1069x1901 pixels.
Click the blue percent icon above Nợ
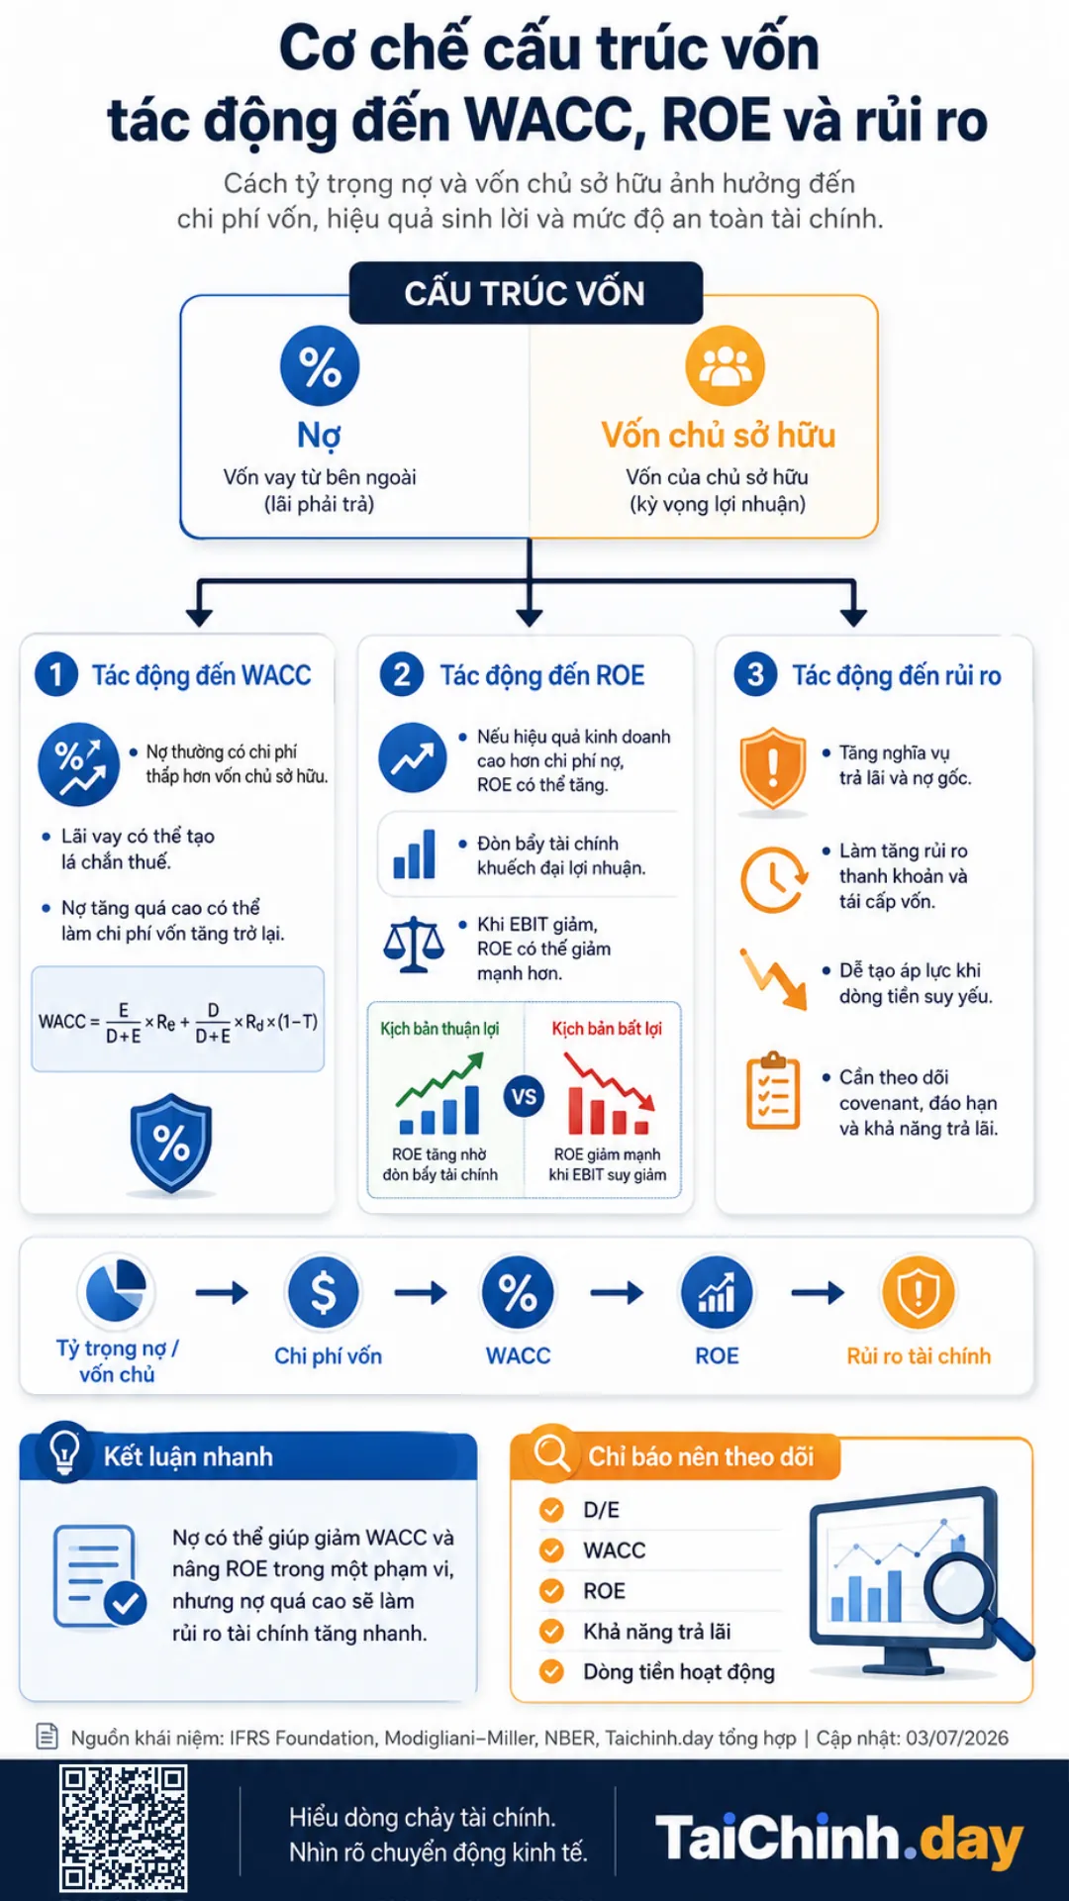[320, 366]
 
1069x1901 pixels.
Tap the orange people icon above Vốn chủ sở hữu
[726, 365]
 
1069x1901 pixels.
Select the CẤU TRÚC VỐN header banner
[526, 293]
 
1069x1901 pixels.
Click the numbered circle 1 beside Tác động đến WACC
[56, 675]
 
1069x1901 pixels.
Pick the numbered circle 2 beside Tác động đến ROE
[402, 675]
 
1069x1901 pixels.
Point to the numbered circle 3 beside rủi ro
[755, 675]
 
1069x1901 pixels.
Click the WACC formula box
[178, 1020]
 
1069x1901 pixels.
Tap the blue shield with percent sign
[171, 1144]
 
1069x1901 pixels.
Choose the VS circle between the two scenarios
[524, 1097]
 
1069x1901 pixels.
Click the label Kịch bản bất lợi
[607, 1029]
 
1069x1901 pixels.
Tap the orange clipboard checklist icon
[773, 1091]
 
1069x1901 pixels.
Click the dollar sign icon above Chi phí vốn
[323, 1292]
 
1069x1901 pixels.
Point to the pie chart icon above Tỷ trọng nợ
[117, 1290]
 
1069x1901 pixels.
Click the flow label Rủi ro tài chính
[919, 1356]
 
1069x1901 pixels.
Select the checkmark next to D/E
[551, 1510]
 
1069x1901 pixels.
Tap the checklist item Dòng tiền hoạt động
[679, 1672]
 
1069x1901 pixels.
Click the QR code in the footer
[123, 1829]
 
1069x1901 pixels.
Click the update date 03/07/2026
[957, 1738]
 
